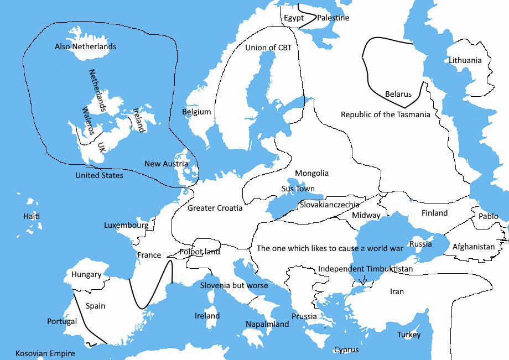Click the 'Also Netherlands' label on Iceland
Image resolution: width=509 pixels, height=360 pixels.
tap(85, 46)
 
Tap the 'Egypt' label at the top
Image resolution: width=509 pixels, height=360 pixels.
tap(294, 18)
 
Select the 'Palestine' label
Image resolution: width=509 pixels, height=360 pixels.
tap(333, 18)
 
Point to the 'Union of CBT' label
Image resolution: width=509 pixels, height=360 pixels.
tap(268, 48)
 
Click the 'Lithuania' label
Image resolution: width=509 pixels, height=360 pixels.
tap(465, 60)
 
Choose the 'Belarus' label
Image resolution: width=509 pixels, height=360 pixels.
tap(398, 95)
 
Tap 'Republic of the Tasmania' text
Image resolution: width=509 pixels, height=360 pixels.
tap(385, 114)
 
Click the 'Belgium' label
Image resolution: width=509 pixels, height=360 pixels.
tap(196, 112)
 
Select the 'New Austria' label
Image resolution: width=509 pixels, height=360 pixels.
tap(166, 164)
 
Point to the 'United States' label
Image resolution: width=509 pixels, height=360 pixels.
tap(99, 175)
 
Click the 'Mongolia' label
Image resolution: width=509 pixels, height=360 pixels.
tap(311, 173)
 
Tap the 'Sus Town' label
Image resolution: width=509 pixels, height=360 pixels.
tap(298, 189)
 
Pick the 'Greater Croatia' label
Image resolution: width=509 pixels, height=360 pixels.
tap(215, 208)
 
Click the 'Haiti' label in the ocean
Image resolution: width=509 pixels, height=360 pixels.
tap(32, 216)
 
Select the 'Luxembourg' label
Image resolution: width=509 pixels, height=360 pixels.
tap(126, 225)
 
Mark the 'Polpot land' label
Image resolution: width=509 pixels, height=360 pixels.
tap(200, 252)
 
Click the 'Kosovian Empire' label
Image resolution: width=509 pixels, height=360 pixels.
tap(45, 353)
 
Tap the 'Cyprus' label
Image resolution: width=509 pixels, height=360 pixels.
tap(346, 349)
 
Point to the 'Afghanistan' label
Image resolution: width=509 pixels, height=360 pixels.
tap(474, 247)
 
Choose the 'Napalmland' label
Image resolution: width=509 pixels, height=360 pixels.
tap(267, 324)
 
